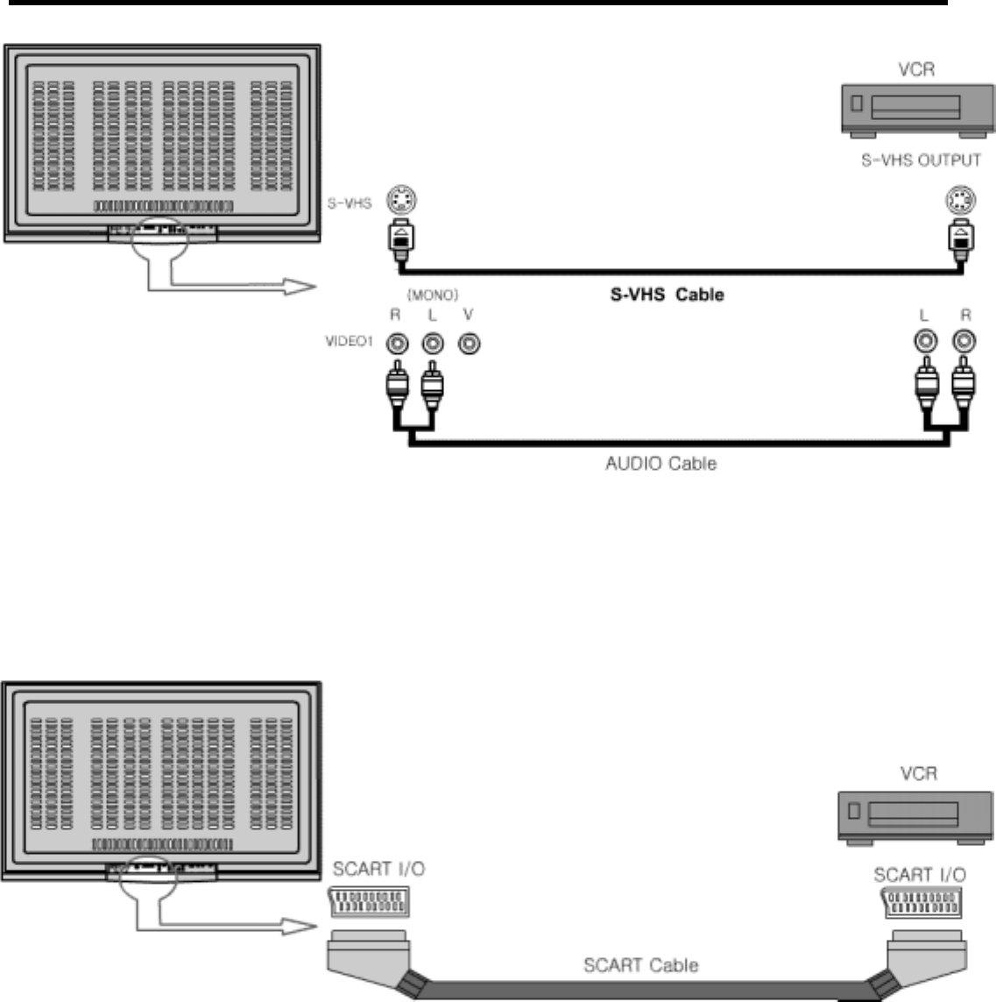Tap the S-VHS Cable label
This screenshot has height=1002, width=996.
pos(667,295)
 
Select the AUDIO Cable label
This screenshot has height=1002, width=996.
pos(660,462)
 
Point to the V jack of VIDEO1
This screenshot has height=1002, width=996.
pos(470,342)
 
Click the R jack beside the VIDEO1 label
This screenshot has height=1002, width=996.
pos(398,342)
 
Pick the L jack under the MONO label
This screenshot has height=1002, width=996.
pos(432,342)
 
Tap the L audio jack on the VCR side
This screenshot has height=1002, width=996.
pos(924,340)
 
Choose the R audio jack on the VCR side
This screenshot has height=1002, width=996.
pos(963,340)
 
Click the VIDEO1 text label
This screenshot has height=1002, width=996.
pos(350,341)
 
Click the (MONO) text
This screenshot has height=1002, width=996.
pos(432,296)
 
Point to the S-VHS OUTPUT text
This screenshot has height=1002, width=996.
pos(920,161)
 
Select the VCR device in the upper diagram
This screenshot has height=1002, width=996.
pos(917,110)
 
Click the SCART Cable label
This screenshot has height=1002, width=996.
pos(640,965)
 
